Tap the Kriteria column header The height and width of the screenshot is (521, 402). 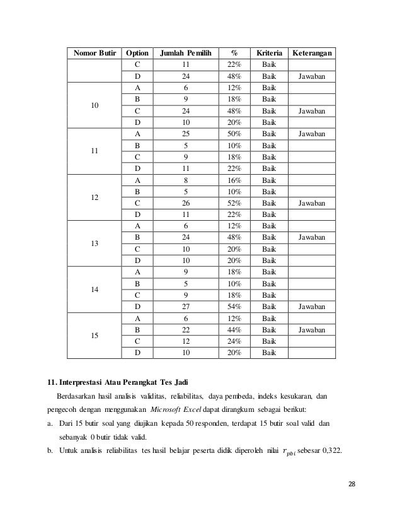click(268, 52)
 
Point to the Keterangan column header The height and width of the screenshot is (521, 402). click(313, 52)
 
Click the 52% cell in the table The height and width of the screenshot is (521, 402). click(234, 203)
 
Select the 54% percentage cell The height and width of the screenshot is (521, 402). click(234, 307)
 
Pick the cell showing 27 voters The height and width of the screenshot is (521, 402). click(185, 307)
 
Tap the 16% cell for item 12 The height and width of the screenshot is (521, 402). click(234, 180)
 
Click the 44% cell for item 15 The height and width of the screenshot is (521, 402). click(234, 330)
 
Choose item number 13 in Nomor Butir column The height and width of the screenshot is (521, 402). click(94, 243)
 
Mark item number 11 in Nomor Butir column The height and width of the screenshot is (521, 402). click(94, 151)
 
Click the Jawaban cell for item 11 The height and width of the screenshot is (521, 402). click(313, 134)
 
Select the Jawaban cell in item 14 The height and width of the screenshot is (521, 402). click(313, 307)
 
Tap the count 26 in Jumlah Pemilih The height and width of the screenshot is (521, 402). click(185, 203)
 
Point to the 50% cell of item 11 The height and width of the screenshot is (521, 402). click(234, 134)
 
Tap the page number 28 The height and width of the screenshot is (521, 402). click(352, 483)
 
